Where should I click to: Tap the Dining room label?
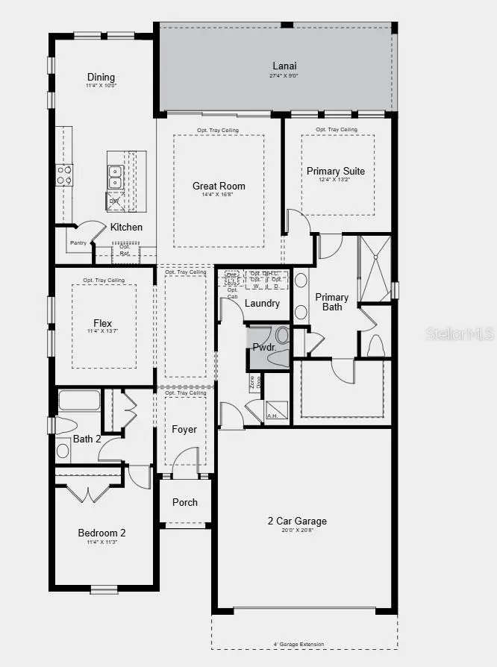(101, 77)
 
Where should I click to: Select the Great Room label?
(219, 187)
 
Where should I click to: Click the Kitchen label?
(126, 227)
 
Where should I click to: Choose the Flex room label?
(103, 323)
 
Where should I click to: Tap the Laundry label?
(262, 303)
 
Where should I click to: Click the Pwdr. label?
(264, 347)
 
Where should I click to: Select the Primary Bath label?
(332, 301)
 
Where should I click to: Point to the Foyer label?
(184, 429)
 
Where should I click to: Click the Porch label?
(185, 502)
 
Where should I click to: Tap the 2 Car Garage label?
(298, 521)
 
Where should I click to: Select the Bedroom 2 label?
(102, 533)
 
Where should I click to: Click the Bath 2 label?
(87, 439)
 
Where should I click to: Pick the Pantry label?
(78, 242)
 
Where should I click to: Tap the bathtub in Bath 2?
(78, 402)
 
